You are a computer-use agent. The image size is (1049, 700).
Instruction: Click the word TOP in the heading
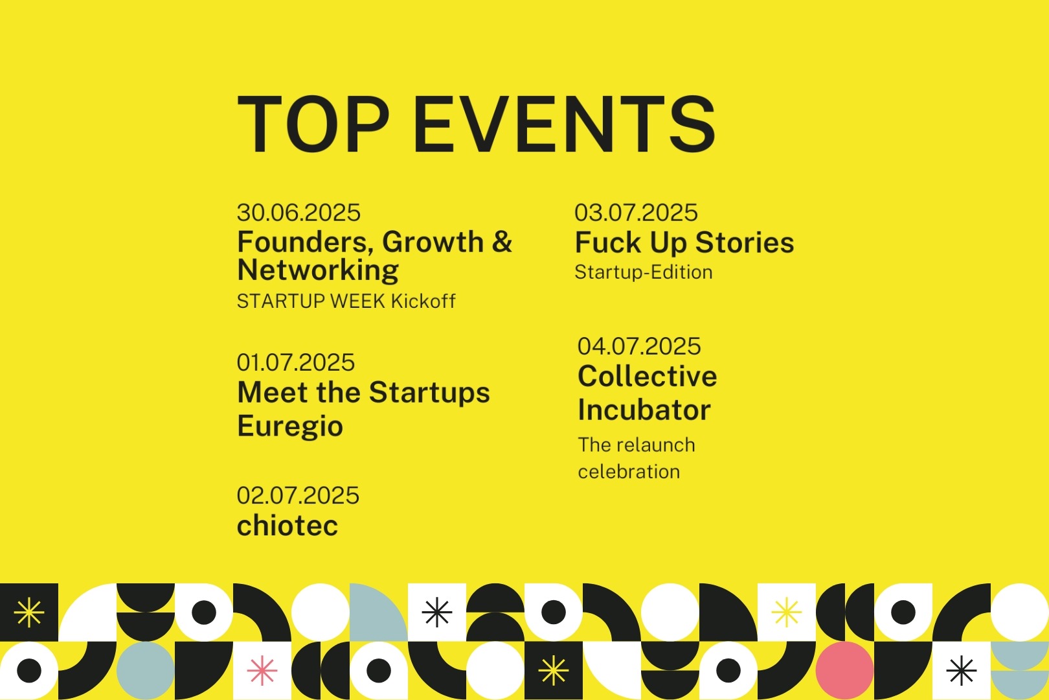point(313,124)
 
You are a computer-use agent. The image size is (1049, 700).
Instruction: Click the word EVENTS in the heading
point(564,124)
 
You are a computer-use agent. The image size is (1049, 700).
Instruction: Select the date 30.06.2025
point(299,213)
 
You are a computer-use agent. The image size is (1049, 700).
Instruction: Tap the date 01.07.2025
point(296,362)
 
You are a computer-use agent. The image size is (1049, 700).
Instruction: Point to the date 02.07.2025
point(299,496)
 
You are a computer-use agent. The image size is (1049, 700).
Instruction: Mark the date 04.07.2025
point(639,346)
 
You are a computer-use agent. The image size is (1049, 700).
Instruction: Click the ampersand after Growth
point(502,242)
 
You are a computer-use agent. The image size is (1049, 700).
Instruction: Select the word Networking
point(318,270)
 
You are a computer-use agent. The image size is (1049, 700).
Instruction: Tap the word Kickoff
point(423,301)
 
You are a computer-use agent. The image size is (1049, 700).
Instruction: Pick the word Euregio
point(290,426)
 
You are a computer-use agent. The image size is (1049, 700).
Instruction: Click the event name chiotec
point(288,525)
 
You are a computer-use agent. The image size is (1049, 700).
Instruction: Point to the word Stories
point(745,242)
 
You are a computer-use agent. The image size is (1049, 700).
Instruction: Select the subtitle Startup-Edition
point(644,272)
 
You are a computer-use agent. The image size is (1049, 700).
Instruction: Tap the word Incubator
point(644,410)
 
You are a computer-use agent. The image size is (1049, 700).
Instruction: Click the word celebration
point(629,472)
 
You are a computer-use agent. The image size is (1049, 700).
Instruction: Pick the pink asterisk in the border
point(262,670)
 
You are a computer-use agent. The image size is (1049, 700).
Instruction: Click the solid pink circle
point(844,670)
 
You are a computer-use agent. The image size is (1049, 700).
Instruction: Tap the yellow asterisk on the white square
point(786,612)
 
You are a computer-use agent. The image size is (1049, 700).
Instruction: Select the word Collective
point(648,376)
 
